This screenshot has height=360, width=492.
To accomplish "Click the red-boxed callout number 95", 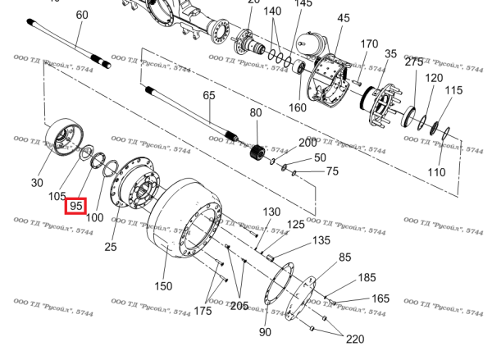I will [76, 205].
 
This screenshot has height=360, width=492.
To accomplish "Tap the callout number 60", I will [82, 16].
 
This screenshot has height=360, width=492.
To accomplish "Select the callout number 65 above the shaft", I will [209, 96].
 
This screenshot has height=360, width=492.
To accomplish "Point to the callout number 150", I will [164, 286].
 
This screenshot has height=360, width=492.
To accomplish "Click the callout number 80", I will [256, 112].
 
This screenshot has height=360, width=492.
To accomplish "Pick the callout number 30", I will [37, 183].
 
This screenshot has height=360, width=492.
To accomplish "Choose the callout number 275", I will [414, 62].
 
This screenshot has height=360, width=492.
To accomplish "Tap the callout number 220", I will [354, 339].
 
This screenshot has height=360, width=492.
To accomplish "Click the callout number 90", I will [265, 332].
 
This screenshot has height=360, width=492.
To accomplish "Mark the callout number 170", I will [369, 43].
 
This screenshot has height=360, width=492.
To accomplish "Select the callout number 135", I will [322, 241].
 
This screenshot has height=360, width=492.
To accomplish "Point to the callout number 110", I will [436, 173].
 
